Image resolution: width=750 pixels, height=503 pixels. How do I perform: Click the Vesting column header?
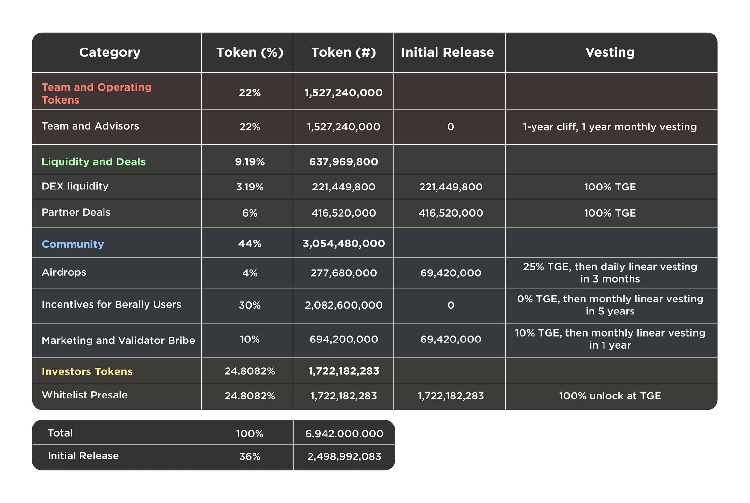(x=610, y=52)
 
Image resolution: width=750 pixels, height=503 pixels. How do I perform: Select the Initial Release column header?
(x=447, y=52)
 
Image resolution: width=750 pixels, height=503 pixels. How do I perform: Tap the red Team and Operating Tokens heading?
(x=96, y=93)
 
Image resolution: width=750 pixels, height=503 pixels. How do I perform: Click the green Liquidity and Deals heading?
(x=93, y=161)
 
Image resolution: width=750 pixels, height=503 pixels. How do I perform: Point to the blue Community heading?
(x=73, y=244)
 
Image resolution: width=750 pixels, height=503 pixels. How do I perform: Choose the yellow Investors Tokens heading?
(x=87, y=371)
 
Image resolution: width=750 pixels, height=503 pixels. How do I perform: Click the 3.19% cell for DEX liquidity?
(x=250, y=187)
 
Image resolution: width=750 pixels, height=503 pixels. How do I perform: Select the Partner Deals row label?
(x=76, y=212)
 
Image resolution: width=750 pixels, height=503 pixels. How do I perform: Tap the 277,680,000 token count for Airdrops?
(x=343, y=273)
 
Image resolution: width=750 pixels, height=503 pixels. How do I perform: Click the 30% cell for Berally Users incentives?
(x=250, y=305)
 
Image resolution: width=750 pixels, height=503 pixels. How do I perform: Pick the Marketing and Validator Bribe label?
(x=118, y=340)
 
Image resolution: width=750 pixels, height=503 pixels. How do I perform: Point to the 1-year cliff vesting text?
(x=610, y=127)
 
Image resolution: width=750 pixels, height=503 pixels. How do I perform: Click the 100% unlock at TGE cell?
(x=610, y=396)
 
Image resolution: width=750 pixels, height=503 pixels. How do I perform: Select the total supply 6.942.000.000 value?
(x=344, y=434)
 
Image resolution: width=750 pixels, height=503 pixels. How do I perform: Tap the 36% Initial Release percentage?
(x=250, y=456)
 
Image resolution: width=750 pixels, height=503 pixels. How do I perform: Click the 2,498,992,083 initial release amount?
(x=344, y=456)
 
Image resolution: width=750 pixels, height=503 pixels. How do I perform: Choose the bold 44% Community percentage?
(x=250, y=244)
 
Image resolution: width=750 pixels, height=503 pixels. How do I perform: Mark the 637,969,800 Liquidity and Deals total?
(x=343, y=161)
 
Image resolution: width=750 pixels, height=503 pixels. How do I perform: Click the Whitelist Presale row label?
(x=85, y=395)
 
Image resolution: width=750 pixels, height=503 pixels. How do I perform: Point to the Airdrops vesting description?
(x=610, y=273)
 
